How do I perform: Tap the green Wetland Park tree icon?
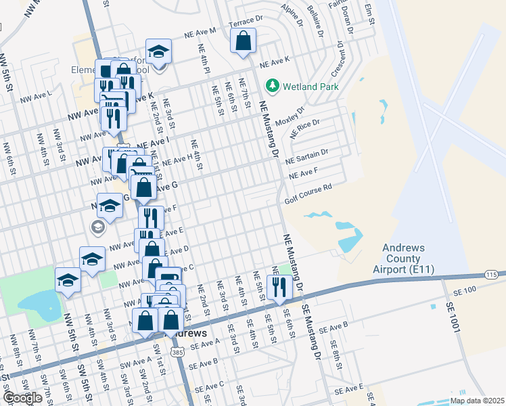[x=273, y=86]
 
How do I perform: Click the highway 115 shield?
[x=492, y=275]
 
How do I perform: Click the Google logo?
[x=22, y=398]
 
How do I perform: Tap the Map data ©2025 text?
[x=476, y=401]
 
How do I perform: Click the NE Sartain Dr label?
[x=307, y=157]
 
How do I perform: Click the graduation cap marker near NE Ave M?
[x=158, y=52]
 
